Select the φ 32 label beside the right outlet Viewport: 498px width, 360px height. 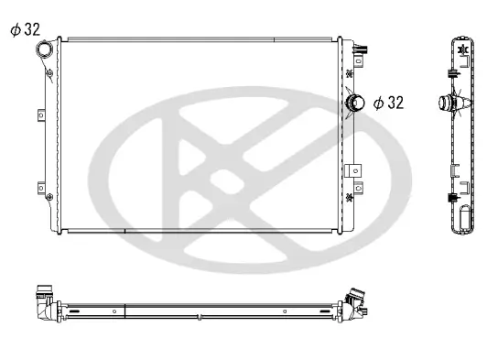point(387,103)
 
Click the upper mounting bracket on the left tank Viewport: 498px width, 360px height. point(40,115)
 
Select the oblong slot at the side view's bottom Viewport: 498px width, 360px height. point(464,221)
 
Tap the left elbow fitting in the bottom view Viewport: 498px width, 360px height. point(44,301)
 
